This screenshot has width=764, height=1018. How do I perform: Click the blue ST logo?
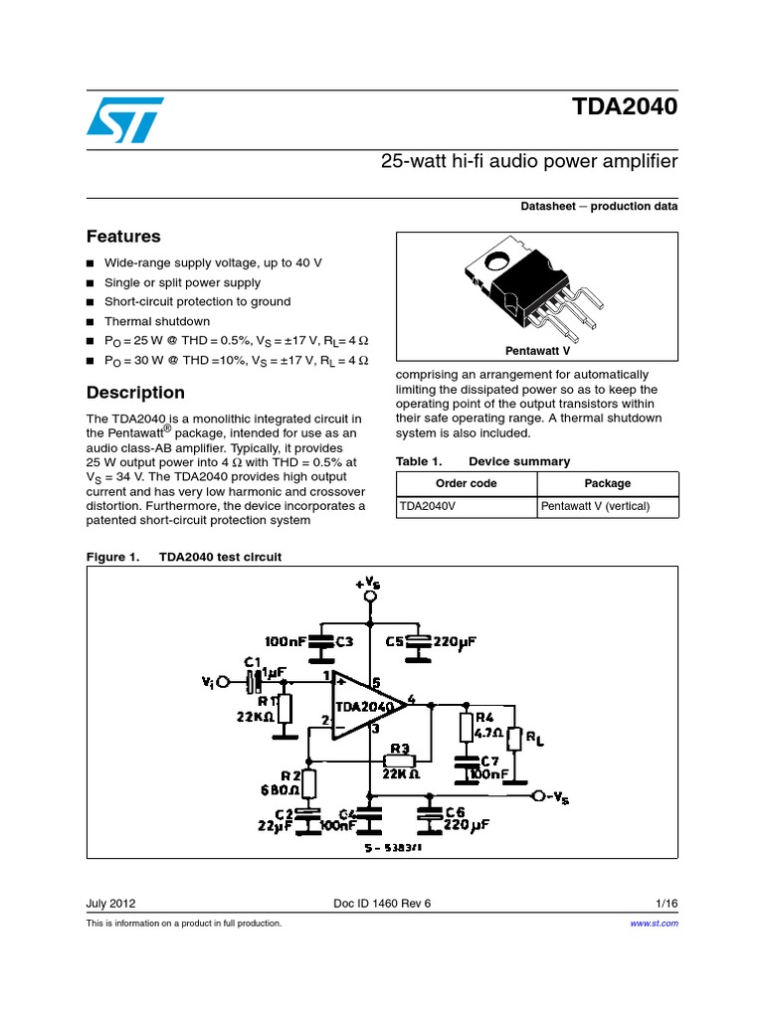(x=124, y=120)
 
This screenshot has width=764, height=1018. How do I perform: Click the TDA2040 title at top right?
(x=625, y=106)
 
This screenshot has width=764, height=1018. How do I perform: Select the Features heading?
(x=123, y=237)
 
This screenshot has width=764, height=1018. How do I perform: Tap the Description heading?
(x=135, y=393)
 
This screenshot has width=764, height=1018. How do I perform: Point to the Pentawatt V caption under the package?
(x=537, y=351)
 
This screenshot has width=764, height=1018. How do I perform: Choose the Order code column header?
(x=467, y=484)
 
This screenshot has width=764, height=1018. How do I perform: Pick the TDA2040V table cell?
(x=428, y=506)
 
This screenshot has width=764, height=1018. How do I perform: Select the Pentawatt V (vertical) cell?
(x=595, y=506)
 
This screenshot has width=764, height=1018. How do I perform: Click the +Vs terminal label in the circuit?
(x=368, y=583)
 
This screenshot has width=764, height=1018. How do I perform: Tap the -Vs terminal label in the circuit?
(x=557, y=798)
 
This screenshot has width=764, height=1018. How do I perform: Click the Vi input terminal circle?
(x=224, y=682)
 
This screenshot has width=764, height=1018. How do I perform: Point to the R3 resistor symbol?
(x=400, y=761)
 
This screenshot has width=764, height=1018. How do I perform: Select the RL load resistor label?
(x=534, y=739)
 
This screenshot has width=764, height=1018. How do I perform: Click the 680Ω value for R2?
(x=280, y=790)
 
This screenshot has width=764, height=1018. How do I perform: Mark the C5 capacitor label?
(x=394, y=641)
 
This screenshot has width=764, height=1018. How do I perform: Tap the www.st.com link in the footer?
(x=655, y=924)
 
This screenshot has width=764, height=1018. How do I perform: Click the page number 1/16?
(x=667, y=903)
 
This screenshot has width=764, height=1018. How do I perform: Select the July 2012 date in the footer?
(x=111, y=903)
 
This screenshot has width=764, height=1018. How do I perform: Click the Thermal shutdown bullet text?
(x=157, y=321)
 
